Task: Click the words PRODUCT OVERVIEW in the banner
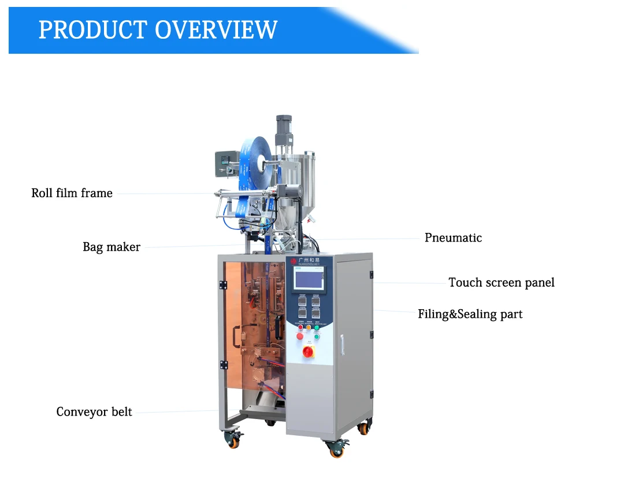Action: click(158, 29)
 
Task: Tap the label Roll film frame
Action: click(72, 193)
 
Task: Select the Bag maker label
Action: click(112, 247)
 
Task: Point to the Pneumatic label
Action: click(453, 238)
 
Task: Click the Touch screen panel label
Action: click(502, 283)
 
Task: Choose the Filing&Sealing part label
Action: click(470, 314)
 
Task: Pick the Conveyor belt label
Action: click(94, 412)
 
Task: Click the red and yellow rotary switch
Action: click(309, 351)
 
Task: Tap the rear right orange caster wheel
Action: click(363, 428)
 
